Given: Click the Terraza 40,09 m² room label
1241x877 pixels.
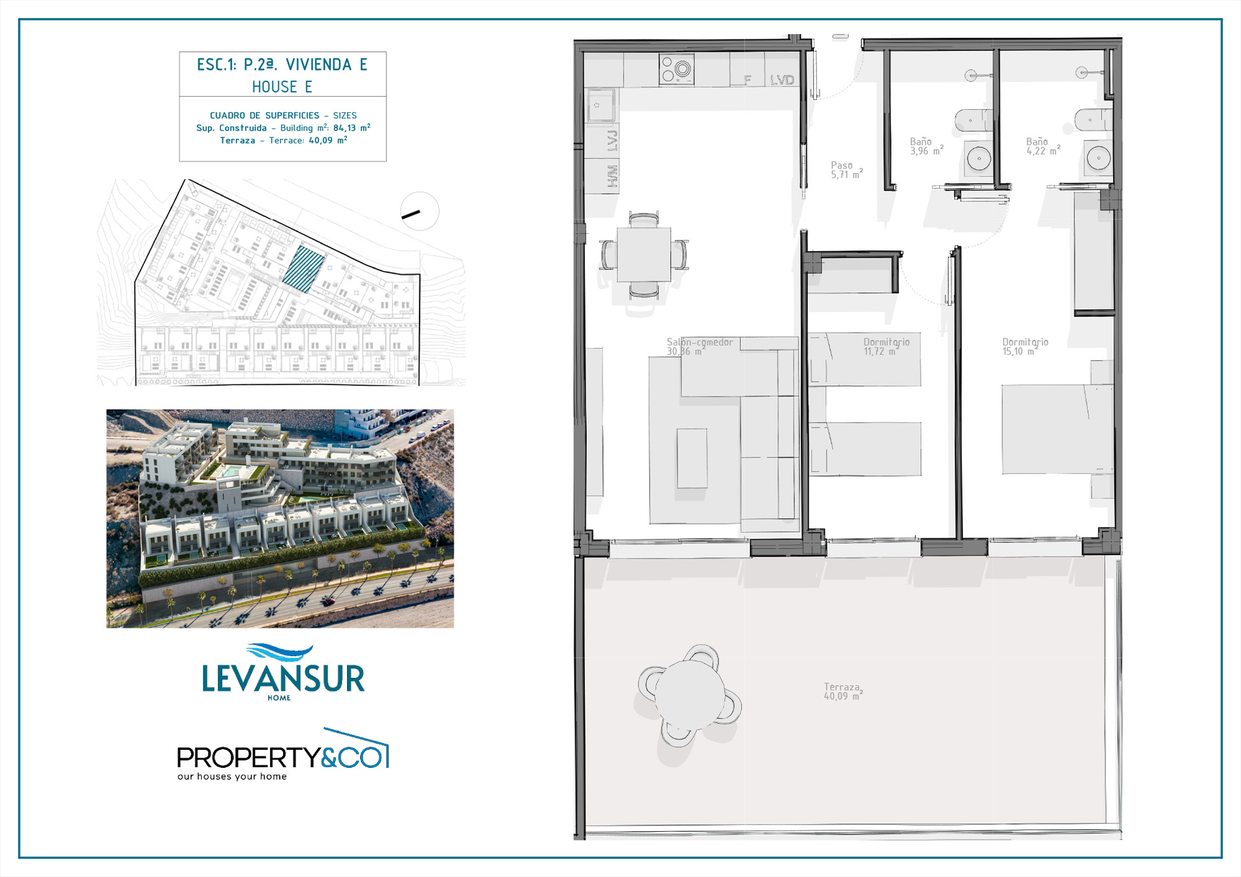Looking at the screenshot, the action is point(843,691).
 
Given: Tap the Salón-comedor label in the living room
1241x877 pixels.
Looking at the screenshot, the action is point(700,342).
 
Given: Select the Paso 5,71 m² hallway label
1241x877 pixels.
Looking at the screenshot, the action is point(847,170).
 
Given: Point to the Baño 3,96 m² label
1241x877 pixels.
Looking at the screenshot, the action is point(926,146).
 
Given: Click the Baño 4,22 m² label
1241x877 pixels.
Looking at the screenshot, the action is point(1043,146).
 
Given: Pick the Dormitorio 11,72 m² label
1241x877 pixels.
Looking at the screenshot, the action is point(886,346).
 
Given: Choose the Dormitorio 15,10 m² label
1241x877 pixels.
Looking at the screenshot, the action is point(1025,346).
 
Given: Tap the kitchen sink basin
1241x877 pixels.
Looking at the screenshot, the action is point(600,105).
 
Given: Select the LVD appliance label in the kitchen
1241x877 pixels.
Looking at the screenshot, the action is point(782,80).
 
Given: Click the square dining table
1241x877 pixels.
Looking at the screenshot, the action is point(644,254).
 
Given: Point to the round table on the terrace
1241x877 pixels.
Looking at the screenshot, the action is point(690,695).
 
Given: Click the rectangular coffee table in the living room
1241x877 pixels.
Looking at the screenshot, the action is point(692,458).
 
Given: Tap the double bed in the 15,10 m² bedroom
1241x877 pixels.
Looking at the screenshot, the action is point(1057,429).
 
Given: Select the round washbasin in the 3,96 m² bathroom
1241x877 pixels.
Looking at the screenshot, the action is point(979,158).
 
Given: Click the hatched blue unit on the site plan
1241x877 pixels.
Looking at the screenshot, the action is point(303,269).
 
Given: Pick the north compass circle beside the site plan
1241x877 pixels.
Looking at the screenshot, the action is point(419,211).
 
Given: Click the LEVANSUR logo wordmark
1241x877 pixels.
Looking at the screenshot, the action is point(283,678).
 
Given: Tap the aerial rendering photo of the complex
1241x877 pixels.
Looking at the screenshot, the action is point(280,519).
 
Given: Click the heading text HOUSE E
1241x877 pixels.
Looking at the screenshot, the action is point(282,87).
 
